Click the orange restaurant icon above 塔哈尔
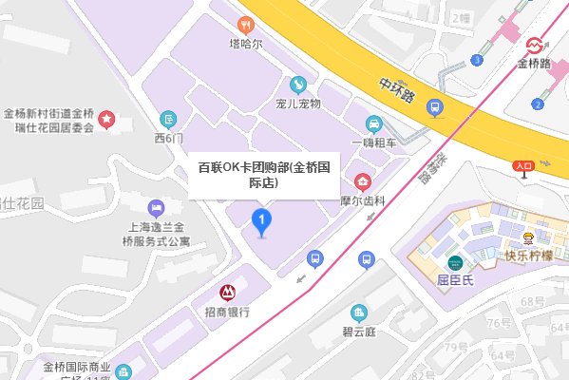[x=245, y=26]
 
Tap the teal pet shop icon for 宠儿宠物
[x=297, y=84]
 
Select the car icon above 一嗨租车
[x=374, y=123]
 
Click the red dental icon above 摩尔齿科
[x=361, y=181]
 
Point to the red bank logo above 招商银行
[x=227, y=293]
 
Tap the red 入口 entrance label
[x=523, y=165]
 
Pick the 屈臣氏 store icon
[x=457, y=263]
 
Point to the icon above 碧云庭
[x=358, y=313]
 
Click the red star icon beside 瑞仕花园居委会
[x=107, y=120]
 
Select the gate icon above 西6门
[x=168, y=119]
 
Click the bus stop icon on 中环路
[x=434, y=107]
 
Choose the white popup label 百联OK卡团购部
[x=263, y=174]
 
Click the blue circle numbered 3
[x=476, y=61]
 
